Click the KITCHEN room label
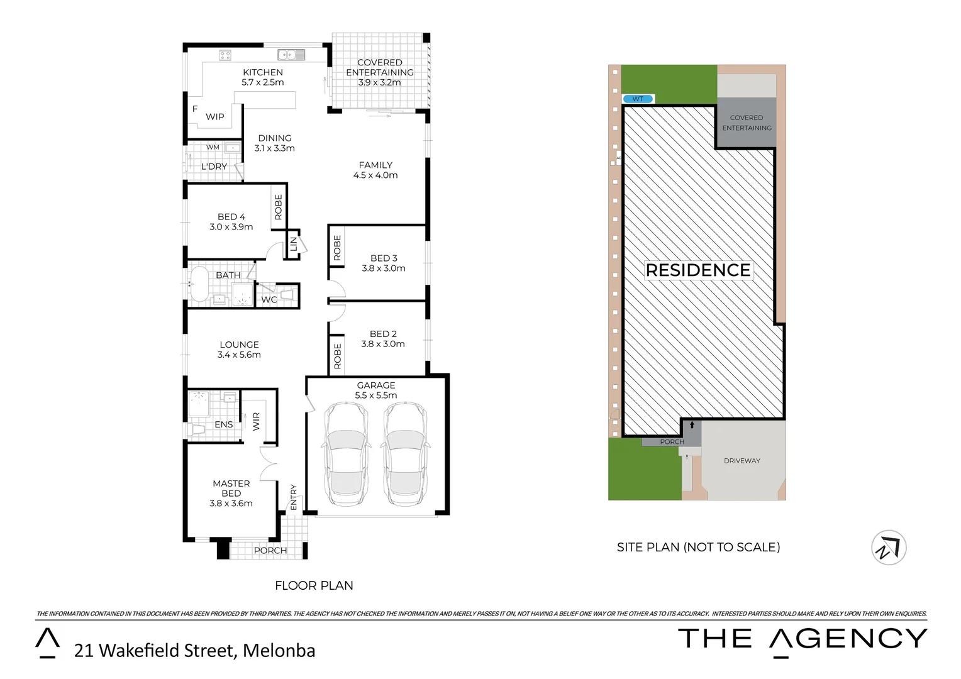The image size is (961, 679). (263, 72)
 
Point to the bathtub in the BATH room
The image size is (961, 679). (199, 285)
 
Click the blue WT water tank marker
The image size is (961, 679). (638, 99)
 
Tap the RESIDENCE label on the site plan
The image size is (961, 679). (698, 270)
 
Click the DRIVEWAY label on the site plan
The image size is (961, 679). (742, 461)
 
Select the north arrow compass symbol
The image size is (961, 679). (889, 548)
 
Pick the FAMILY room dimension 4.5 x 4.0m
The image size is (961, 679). (375, 175)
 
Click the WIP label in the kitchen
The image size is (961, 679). (215, 117)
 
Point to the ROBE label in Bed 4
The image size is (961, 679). (279, 207)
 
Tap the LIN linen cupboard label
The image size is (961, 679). (294, 244)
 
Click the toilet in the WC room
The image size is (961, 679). (287, 295)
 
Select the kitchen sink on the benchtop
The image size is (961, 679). (291, 55)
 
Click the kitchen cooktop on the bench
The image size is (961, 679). (225, 55)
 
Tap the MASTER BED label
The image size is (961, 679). (231, 489)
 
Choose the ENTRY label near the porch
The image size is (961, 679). (293, 497)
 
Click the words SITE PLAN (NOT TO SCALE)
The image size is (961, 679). (698, 548)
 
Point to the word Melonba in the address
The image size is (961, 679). (279, 651)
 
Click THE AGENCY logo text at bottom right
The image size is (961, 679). (803, 639)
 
